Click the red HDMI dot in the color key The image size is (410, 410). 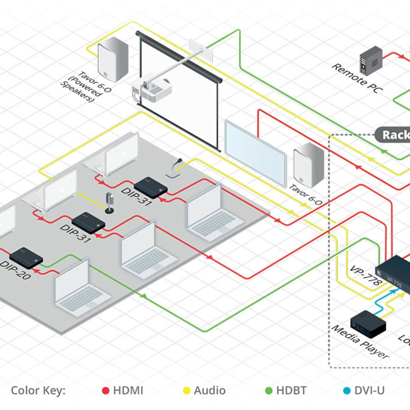(106, 391)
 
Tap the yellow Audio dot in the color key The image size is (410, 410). (187, 391)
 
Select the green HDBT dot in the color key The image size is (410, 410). (269, 391)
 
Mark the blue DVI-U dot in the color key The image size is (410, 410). (347, 391)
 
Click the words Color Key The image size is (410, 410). (38, 391)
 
